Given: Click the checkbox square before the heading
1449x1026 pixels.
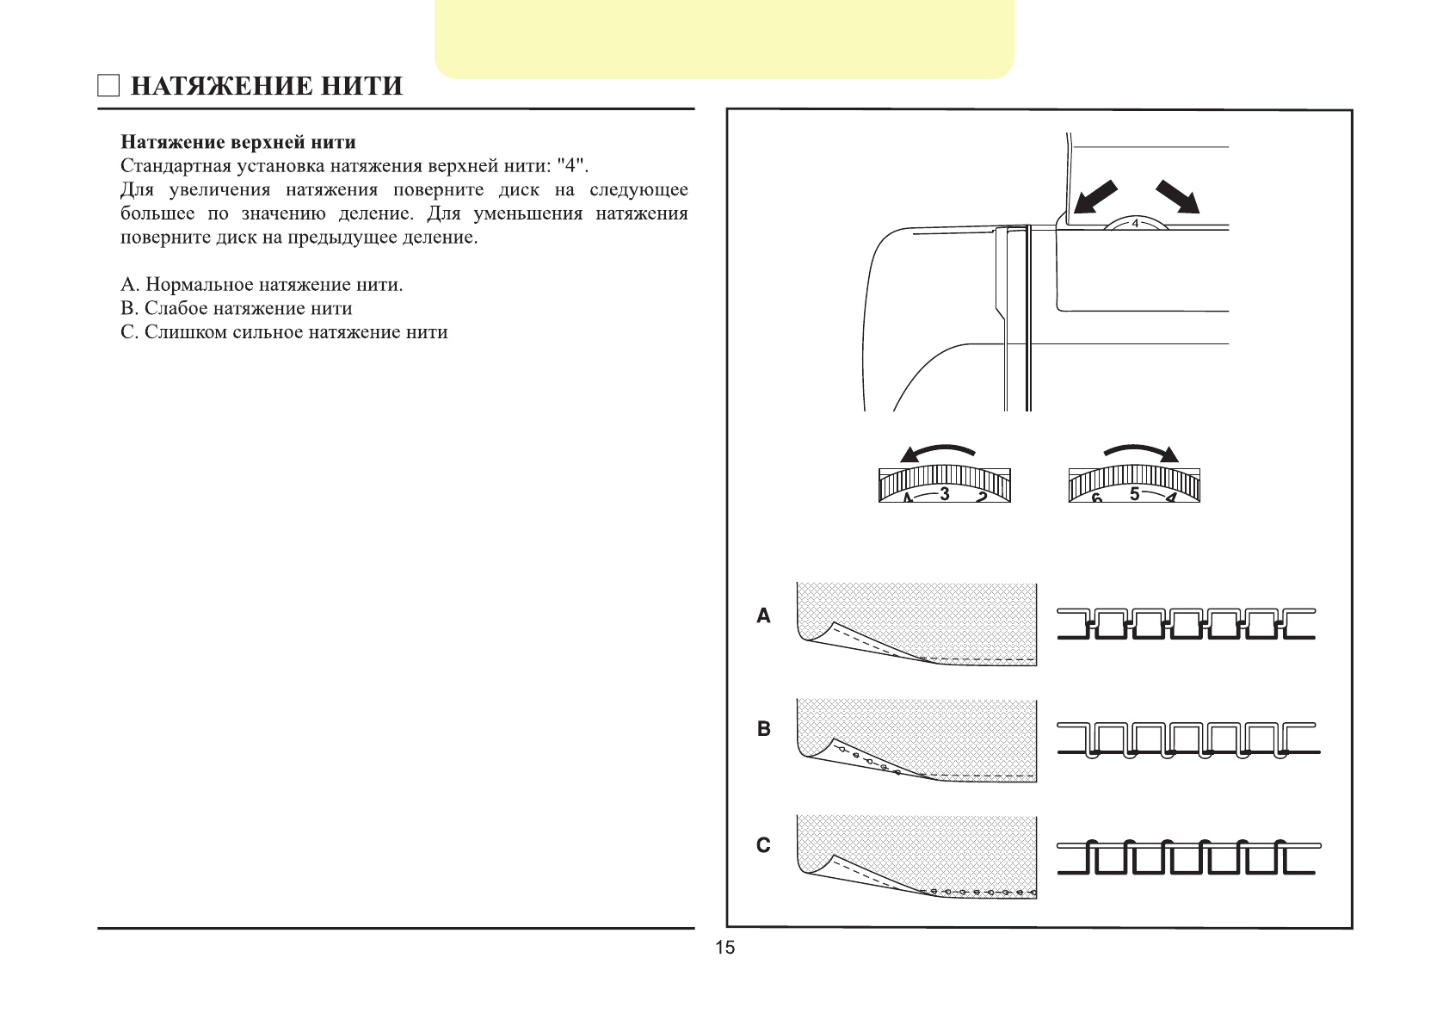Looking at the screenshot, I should click(108, 86).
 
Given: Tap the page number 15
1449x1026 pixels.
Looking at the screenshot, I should click(724, 948).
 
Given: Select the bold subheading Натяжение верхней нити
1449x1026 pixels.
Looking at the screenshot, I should click(238, 142).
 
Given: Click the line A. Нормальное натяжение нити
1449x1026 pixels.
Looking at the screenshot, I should click(262, 285).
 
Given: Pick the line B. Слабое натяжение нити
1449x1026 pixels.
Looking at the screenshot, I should click(237, 309).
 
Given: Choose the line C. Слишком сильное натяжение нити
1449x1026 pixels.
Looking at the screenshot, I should click(284, 333).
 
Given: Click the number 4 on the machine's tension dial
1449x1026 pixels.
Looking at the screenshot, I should click(1134, 224).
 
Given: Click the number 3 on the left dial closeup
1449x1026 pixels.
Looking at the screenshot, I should click(945, 494).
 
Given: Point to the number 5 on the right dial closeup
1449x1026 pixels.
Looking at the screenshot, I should click(1134, 494).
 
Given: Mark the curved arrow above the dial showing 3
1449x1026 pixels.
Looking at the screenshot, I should click(937, 453).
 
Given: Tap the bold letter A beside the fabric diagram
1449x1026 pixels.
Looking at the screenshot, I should click(763, 616).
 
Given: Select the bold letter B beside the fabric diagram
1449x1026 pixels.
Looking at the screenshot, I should click(763, 729).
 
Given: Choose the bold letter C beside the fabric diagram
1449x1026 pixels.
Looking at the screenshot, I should click(763, 846).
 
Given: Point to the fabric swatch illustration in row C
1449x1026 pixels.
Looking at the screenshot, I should click(916, 856).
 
